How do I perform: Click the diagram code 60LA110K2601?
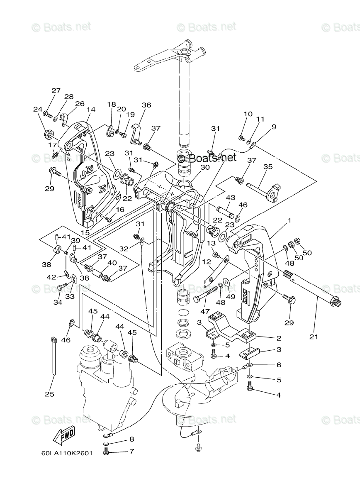click(x=67, y=454)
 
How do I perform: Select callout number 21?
click(x=314, y=337)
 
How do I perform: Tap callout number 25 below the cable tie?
click(x=49, y=394)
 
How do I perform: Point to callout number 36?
click(x=146, y=105)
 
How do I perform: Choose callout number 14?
click(x=91, y=110)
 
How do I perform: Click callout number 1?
click(x=289, y=221)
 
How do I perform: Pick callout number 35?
click(x=268, y=167)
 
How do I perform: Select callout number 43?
click(x=230, y=197)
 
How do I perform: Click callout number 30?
click(x=205, y=167)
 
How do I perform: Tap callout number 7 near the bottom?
click(x=131, y=451)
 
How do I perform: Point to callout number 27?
click(x=56, y=90)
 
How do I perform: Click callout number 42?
click(x=52, y=277)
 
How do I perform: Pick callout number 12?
click(x=207, y=262)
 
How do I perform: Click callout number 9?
click(x=274, y=127)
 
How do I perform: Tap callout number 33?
click(x=70, y=297)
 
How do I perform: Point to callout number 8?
click(x=131, y=439)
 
